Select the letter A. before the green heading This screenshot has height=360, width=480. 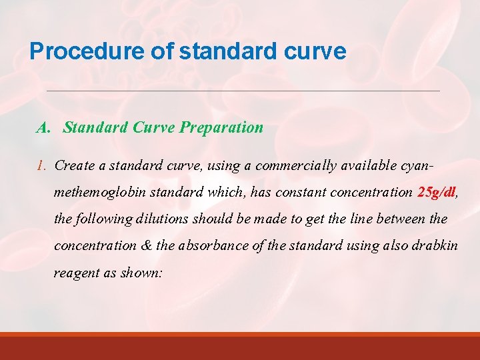click(x=43, y=127)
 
